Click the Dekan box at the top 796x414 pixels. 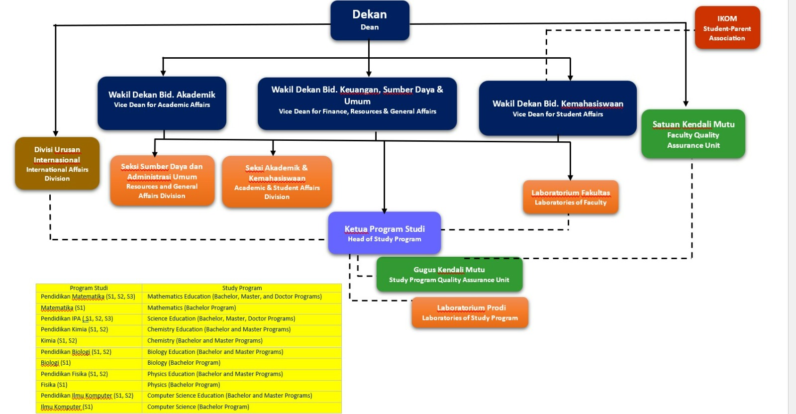pos(370,20)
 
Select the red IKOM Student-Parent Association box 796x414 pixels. pos(727,28)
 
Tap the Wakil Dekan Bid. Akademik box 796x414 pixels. pos(162,103)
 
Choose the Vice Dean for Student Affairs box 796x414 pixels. pos(558,108)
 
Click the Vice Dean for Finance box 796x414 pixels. pos(357,103)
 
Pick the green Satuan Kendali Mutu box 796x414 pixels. pos(693,134)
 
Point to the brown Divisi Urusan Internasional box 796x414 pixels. pos(57,163)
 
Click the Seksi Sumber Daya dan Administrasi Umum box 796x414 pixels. pos(162,181)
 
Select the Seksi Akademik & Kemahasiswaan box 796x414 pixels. pos(277,182)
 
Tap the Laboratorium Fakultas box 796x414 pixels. pos(571,198)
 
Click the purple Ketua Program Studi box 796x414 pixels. pos(384,233)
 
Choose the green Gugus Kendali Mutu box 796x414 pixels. pos(449,274)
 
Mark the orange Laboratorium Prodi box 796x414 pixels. pos(470,312)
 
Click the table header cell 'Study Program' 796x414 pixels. pos(242,288)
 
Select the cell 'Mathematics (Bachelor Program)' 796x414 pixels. pos(192,308)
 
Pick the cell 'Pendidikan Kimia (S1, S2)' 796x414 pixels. pos(75,329)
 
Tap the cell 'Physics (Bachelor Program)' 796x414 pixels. pos(184,385)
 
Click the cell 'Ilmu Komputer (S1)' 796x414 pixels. pos(67,407)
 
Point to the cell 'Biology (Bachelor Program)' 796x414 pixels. pos(184,363)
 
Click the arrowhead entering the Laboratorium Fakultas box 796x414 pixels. pos(570,177)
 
